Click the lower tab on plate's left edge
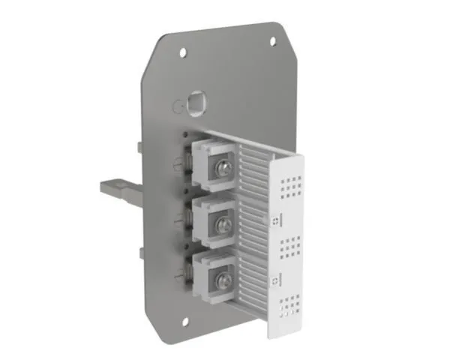click(141, 253)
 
